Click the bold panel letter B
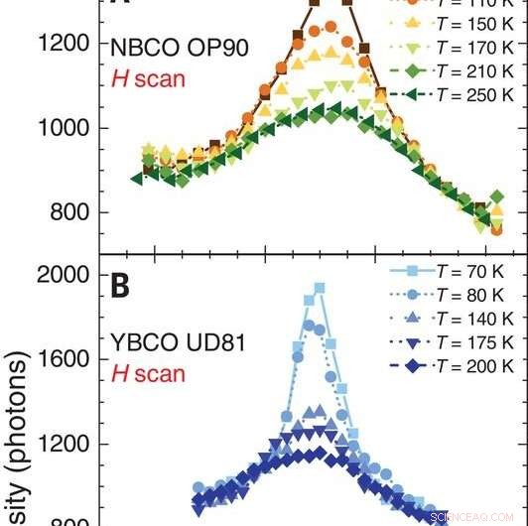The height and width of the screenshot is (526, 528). pos(121,287)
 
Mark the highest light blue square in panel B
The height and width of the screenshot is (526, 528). pos(320,289)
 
